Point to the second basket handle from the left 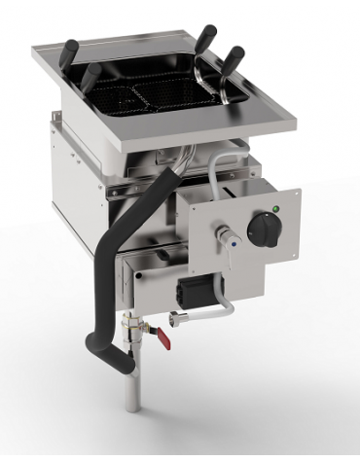[x=89, y=77]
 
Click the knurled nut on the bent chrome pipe [x=176, y=317]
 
